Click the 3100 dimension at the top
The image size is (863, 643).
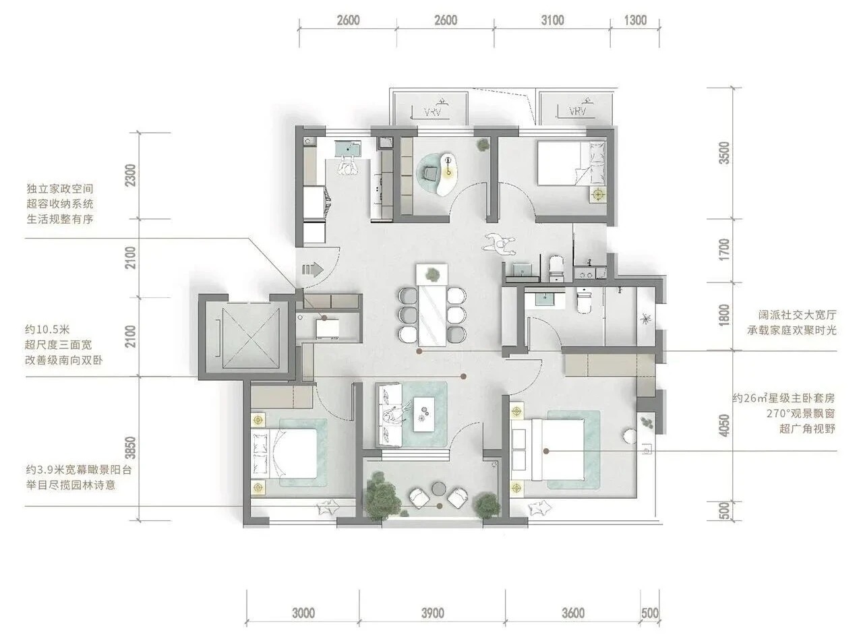click(552, 20)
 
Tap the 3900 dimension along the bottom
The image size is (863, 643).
click(432, 613)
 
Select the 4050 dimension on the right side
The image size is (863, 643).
click(724, 425)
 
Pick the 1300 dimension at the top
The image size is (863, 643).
click(635, 20)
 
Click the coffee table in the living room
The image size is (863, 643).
click(424, 415)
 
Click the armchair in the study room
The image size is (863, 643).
click(429, 173)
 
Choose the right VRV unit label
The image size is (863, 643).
click(578, 111)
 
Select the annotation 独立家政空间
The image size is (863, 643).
click(60, 189)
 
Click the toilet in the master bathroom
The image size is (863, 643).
click(584, 301)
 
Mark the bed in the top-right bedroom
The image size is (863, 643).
click(571, 163)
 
